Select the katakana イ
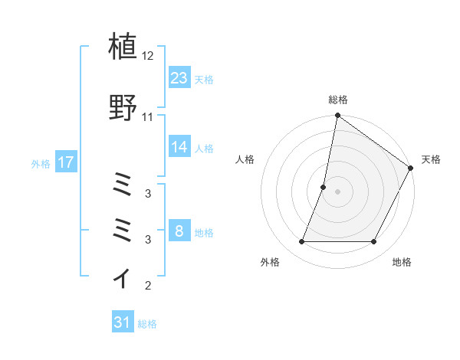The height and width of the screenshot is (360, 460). point(123,277)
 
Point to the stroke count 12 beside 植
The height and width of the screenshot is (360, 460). point(148,57)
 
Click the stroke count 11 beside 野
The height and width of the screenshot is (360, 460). point(148,117)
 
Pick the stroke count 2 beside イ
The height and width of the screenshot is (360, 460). point(148,286)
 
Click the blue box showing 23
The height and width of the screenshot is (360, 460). point(179,77)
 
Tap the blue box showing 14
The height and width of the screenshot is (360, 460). point(179,147)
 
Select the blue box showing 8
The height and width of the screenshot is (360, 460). point(179,231)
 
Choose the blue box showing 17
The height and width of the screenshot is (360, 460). point(66,162)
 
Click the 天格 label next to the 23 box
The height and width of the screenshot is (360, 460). point(203,79)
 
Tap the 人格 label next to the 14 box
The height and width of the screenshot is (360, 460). point(203,148)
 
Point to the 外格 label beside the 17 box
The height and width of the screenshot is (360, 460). point(41,163)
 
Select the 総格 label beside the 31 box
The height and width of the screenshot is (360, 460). point(147,324)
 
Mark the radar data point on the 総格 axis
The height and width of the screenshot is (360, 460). point(337,116)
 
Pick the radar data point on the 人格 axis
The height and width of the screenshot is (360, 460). point(324,187)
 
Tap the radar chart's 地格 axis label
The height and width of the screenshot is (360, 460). point(402,262)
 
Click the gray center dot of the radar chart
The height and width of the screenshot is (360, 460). point(337,191)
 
